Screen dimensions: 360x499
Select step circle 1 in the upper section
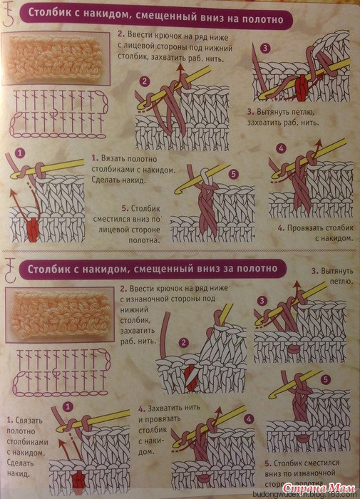(x=19, y=154)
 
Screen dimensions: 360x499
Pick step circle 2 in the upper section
(x=145, y=82)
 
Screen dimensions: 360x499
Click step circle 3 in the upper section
(x=264, y=48)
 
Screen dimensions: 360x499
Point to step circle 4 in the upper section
(x=281, y=148)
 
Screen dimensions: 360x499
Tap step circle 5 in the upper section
(x=234, y=175)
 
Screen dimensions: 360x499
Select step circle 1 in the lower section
(x=68, y=406)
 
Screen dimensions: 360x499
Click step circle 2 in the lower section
(x=184, y=343)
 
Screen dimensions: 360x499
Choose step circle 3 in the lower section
(x=262, y=301)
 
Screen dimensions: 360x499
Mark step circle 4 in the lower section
(x=249, y=419)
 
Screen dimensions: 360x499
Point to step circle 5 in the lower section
(x=325, y=380)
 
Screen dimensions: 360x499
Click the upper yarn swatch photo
(x=56, y=59)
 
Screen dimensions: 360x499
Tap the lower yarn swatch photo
(x=60, y=315)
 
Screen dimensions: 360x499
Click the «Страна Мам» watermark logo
(x=319, y=487)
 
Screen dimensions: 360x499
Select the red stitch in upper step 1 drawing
(x=32, y=227)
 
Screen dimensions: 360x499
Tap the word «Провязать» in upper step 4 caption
(x=306, y=228)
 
